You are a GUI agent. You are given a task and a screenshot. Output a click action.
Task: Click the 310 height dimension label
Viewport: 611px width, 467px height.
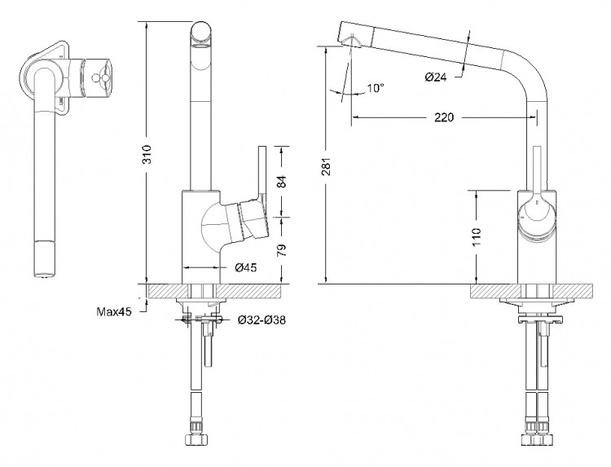click(x=147, y=158)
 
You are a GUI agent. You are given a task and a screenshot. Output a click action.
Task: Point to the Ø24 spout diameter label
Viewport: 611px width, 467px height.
click(x=437, y=77)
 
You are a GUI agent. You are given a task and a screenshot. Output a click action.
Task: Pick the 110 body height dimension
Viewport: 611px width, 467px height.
click(x=477, y=237)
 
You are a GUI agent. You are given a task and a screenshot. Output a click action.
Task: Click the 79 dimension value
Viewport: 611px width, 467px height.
click(x=282, y=249)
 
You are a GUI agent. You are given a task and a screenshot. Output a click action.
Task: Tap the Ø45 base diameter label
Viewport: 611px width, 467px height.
click(x=247, y=267)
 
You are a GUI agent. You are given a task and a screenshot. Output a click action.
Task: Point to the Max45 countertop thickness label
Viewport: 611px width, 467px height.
click(x=114, y=311)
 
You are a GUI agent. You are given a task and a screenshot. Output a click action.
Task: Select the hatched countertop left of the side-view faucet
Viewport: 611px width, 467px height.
click(x=492, y=291)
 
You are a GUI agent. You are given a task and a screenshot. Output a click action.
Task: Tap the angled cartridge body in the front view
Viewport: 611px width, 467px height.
click(x=251, y=219)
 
